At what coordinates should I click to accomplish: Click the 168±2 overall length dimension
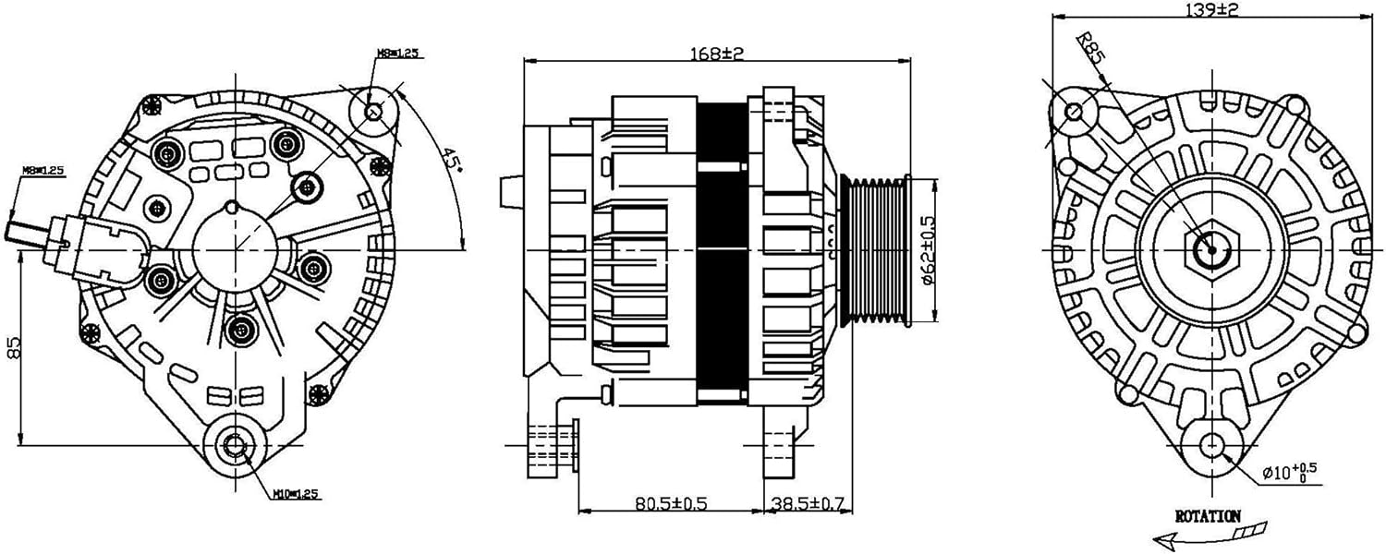click(717, 54)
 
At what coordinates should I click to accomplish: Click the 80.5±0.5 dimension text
click(671, 503)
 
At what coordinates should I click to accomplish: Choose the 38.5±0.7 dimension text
click(808, 503)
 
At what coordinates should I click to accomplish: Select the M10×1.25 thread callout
click(295, 495)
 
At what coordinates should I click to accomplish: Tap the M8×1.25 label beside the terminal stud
click(43, 171)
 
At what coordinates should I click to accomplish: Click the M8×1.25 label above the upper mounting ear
click(397, 53)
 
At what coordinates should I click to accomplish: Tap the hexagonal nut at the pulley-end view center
click(1210, 249)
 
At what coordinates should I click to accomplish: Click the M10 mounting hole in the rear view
click(235, 446)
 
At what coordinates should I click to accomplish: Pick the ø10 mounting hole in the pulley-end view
click(1210, 446)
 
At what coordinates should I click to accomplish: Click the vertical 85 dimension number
click(13, 347)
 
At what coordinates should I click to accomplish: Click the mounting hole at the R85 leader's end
click(1074, 112)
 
